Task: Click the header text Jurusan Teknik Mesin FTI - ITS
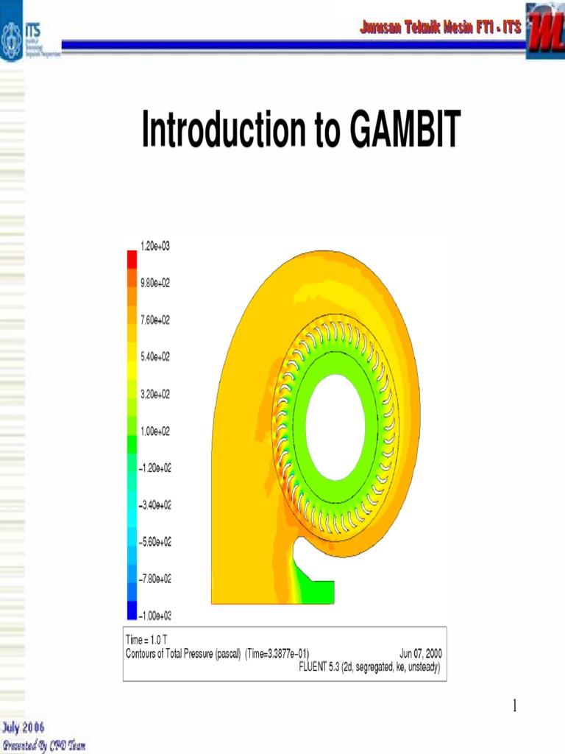pyautogui.click(x=440, y=28)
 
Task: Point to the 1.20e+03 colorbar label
pyautogui.click(x=154, y=245)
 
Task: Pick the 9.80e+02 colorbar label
pyautogui.click(x=154, y=283)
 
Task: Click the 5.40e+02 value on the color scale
pyautogui.click(x=154, y=356)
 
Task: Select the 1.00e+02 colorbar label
pyautogui.click(x=154, y=431)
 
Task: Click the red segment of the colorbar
pyautogui.click(x=132, y=259)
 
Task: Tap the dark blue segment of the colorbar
pyautogui.click(x=132, y=610)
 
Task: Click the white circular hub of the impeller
pyautogui.click(x=335, y=423)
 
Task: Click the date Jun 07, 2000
pyautogui.click(x=420, y=653)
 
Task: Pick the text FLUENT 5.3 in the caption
pyautogui.click(x=318, y=666)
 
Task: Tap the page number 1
pyautogui.click(x=515, y=707)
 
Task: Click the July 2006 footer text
pyautogui.click(x=23, y=728)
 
